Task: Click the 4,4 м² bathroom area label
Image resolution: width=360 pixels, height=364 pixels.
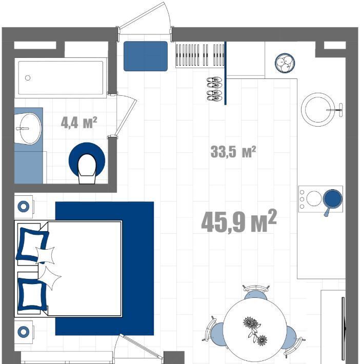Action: pyautogui.click(x=79, y=123)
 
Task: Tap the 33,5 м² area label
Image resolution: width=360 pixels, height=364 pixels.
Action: pyautogui.click(x=233, y=152)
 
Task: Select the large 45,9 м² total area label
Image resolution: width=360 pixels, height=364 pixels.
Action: pyautogui.click(x=239, y=221)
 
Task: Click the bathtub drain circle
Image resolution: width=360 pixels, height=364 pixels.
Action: pyautogui.click(x=28, y=78)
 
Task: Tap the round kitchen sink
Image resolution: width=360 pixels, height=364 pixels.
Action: pyautogui.click(x=317, y=110)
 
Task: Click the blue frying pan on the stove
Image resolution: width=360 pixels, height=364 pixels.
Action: pyautogui.click(x=332, y=200)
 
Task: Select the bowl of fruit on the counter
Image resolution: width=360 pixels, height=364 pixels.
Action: pyautogui.click(x=285, y=63)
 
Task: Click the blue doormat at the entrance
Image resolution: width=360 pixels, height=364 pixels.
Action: pyautogui.click(x=146, y=56)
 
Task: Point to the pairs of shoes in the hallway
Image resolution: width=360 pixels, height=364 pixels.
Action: pyautogui.click(x=214, y=89)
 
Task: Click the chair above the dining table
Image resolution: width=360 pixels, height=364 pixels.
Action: pyautogui.click(x=255, y=293)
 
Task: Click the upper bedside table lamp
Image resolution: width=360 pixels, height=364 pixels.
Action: pyautogui.click(x=24, y=207)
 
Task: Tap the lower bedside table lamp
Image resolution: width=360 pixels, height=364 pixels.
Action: pyautogui.click(x=24, y=332)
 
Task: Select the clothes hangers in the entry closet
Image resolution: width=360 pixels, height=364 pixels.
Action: pyautogui.click(x=200, y=54)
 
